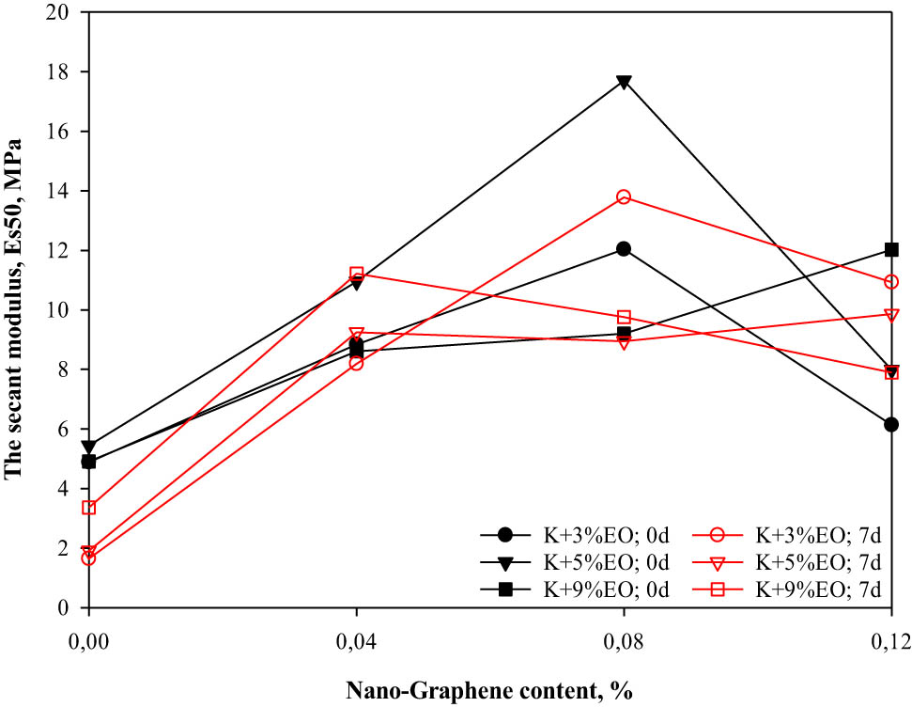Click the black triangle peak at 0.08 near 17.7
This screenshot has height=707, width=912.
coord(624,82)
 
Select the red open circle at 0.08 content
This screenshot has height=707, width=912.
coord(624,196)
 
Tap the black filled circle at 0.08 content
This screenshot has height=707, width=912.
coord(624,249)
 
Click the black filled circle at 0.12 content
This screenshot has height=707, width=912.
coord(891,425)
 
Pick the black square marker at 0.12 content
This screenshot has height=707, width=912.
coord(891,250)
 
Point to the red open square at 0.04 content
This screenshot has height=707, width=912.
coord(356,274)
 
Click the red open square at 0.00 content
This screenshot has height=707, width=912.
coord(89,508)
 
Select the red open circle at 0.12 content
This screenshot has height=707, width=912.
coord(891,281)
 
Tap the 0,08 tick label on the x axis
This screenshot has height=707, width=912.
coord(624,641)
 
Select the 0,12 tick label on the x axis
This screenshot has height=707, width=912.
coord(889,641)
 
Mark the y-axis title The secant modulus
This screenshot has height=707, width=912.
coord(13,310)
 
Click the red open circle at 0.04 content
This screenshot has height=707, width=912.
coord(356,363)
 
